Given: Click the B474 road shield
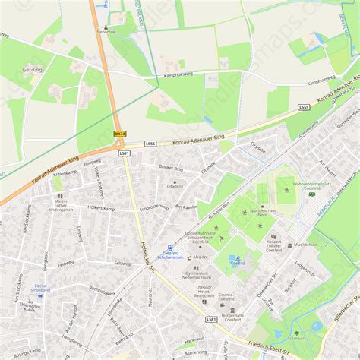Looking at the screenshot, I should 120,134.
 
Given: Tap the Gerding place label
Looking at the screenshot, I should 33,69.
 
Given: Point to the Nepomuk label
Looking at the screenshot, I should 106,32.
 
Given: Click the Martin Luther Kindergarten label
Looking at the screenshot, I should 60,202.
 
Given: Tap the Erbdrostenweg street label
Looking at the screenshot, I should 154,207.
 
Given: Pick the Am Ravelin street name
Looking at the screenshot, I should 186,207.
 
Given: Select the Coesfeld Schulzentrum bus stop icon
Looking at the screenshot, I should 171,247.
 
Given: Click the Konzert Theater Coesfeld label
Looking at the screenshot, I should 274,245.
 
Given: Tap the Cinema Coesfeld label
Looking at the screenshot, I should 226,296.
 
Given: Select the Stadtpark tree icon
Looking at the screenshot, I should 297,333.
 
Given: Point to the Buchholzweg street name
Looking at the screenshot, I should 102,289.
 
